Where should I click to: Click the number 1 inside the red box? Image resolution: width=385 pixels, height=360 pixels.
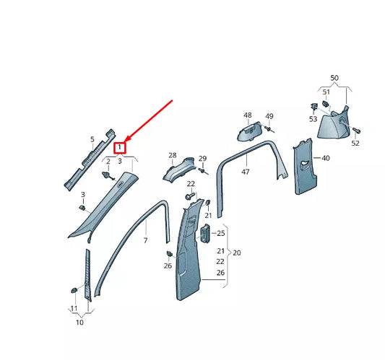click(x=119, y=146)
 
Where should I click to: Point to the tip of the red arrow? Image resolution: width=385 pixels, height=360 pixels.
click(x=125, y=141)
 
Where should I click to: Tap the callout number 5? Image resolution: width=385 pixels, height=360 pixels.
click(x=92, y=139)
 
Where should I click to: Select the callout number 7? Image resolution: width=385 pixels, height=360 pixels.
click(x=144, y=240)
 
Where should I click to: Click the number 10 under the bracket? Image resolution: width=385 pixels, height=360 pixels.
click(x=79, y=322)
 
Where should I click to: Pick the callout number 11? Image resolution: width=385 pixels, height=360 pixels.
click(x=74, y=309)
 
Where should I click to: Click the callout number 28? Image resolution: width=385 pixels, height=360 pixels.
click(x=173, y=155)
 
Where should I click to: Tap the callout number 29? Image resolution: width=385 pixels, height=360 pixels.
click(x=202, y=159)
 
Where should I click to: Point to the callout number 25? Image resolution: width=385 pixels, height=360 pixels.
click(x=222, y=233)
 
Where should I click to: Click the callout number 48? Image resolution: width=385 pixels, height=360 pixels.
click(x=248, y=115)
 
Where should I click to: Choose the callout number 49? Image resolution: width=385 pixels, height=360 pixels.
click(x=269, y=116)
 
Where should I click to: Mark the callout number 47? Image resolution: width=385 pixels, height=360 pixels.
click(x=246, y=172)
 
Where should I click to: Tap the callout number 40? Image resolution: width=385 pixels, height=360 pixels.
click(x=325, y=157)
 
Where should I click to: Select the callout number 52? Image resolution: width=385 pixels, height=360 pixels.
click(x=355, y=144)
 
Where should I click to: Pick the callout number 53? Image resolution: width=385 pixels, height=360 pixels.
click(x=313, y=118)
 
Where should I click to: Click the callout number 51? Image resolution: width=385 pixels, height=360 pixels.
click(x=326, y=92)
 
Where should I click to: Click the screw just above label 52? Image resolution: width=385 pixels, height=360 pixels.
click(x=358, y=130)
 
